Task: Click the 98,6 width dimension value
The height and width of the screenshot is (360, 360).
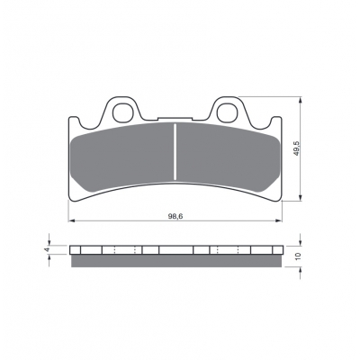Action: pyautogui.click(x=175, y=217)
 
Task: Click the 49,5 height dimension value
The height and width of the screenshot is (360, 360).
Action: pyautogui.click(x=297, y=148)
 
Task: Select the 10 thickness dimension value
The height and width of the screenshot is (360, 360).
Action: pyautogui.click(x=298, y=256)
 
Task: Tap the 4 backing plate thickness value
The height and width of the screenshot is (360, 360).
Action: pyautogui.click(x=46, y=249)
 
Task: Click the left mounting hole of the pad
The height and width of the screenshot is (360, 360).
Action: pyautogui.click(x=122, y=112)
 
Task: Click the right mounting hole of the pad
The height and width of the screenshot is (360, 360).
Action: pyautogui.click(x=227, y=112)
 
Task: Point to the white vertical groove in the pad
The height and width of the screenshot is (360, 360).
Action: pyautogui.click(x=175, y=152)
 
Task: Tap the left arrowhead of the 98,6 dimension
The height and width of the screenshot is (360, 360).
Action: pyautogui.click(x=72, y=220)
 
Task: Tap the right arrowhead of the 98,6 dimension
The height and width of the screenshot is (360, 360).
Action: pyautogui.click(x=279, y=220)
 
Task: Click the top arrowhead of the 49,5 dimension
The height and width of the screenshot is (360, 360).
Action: pyautogui.click(x=301, y=100)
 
